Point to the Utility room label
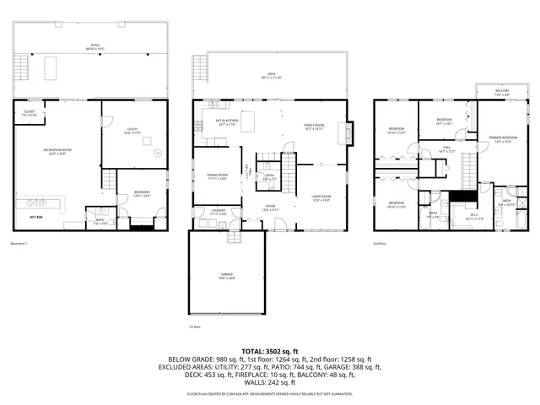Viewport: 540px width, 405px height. pyautogui.click(x=132, y=129)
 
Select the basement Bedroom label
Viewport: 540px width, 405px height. pyautogui.click(x=141, y=193)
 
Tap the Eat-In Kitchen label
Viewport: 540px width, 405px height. pyautogui.click(x=226, y=121)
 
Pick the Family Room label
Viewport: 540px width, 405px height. pyautogui.click(x=315, y=127)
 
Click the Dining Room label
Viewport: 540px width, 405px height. pyautogui.click(x=217, y=176)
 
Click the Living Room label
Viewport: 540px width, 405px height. pyautogui.click(x=321, y=198)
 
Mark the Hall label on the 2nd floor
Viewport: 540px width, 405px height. pyautogui.click(x=448, y=149)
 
